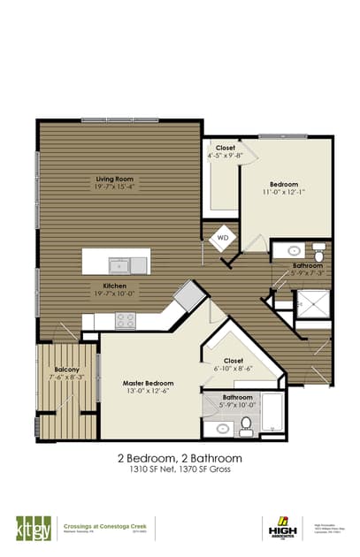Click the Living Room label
click(120, 179)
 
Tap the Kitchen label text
click(116, 286)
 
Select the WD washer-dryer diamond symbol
click(223, 238)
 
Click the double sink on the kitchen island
click(128, 264)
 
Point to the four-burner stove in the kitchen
click(125, 320)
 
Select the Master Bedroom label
click(145, 383)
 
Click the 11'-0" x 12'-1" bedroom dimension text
click(284, 191)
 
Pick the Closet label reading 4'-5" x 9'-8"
click(225, 149)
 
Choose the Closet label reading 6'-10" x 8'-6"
click(234, 361)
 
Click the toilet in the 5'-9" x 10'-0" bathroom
click(246, 426)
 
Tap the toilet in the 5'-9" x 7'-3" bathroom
click(318, 253)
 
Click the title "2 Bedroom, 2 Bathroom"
click(179, 459)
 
